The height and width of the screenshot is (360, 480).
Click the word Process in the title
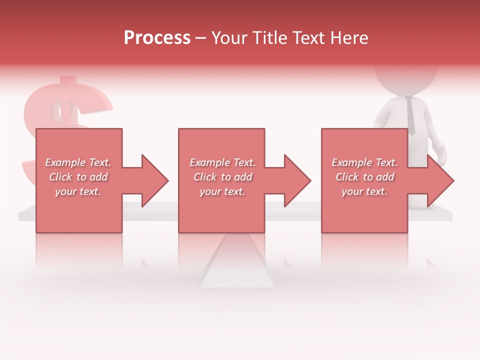pos(157,38)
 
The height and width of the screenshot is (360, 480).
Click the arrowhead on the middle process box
pos(296,180)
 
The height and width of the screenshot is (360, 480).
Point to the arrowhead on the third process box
pos(439,180)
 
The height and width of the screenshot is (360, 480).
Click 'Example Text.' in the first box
pos(78,162)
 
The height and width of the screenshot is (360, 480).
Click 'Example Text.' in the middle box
pos(222,162)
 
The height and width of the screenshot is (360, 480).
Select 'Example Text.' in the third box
pos(364,162)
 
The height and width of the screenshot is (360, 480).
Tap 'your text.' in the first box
pos(78,191)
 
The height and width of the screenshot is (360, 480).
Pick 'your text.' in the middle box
pos(222,191)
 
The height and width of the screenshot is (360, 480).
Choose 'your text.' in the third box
pos(364,191)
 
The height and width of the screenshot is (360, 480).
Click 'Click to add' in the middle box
pos(222,177)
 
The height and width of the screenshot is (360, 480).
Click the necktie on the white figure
pos(410,115)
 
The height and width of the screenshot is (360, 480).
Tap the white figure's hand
pos(438,149)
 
